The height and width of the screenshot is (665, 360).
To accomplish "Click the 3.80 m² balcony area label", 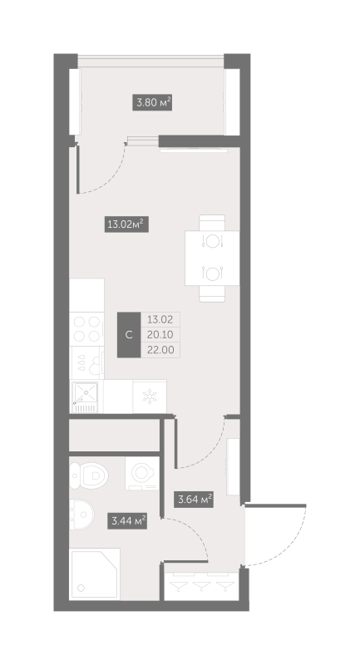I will pyautogui.click(x=153, y=104).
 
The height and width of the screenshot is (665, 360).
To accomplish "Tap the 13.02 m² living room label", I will pyautogui.click(x=126, y=223).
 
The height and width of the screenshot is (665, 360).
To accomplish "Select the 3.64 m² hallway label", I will pyautogui.click(x=194, y=500).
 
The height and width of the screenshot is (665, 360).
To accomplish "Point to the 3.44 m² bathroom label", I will pyautogui.click(x=128, y=521).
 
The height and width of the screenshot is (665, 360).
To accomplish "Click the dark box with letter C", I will pyautogui.click(x=128, y=334).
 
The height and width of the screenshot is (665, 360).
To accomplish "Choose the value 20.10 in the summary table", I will pyautogui.click(x=160, y=334).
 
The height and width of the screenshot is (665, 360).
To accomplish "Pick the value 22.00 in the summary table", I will pyautogui.click(x=160, y=350).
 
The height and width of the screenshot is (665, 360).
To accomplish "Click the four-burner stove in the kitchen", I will pyautogui.click(x=86, y=328).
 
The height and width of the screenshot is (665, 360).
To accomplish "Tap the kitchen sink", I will pyautogui.click(x=85, y=396).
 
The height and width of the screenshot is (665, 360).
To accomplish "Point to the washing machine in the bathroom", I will pyautogui.click(x=142, y=475).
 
